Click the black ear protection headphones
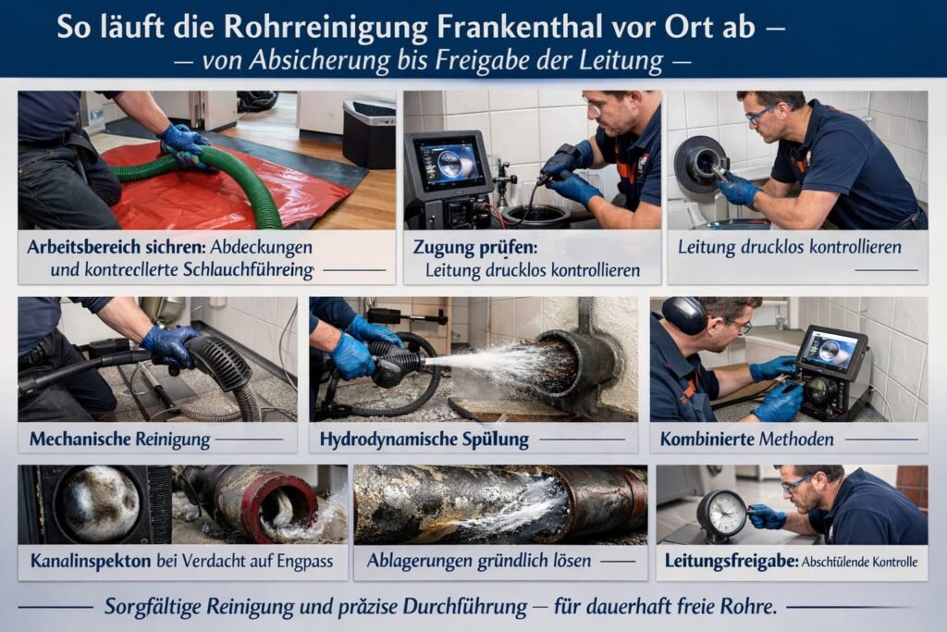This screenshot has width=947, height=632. (685, 316)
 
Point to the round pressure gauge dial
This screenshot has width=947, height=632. (721, 513)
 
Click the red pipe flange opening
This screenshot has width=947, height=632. (287, 507)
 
